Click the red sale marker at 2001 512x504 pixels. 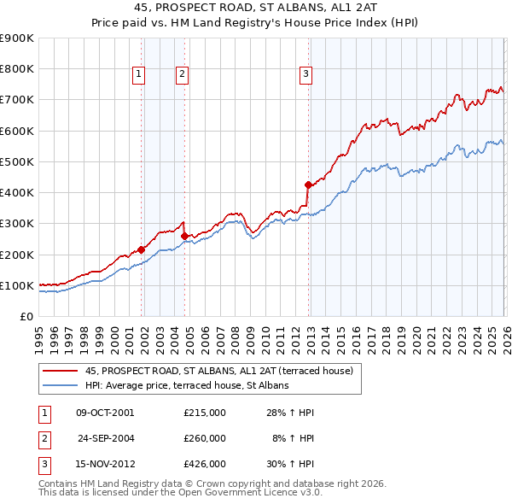coord(142,249)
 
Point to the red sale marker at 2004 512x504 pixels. coord(185,236)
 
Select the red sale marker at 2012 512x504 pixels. coord(308,185)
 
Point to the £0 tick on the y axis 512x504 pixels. coord(26,316)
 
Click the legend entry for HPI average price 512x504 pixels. coord(187,386)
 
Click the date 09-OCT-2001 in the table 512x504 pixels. coord(105,413)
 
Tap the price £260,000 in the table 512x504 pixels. coord(205,438)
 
